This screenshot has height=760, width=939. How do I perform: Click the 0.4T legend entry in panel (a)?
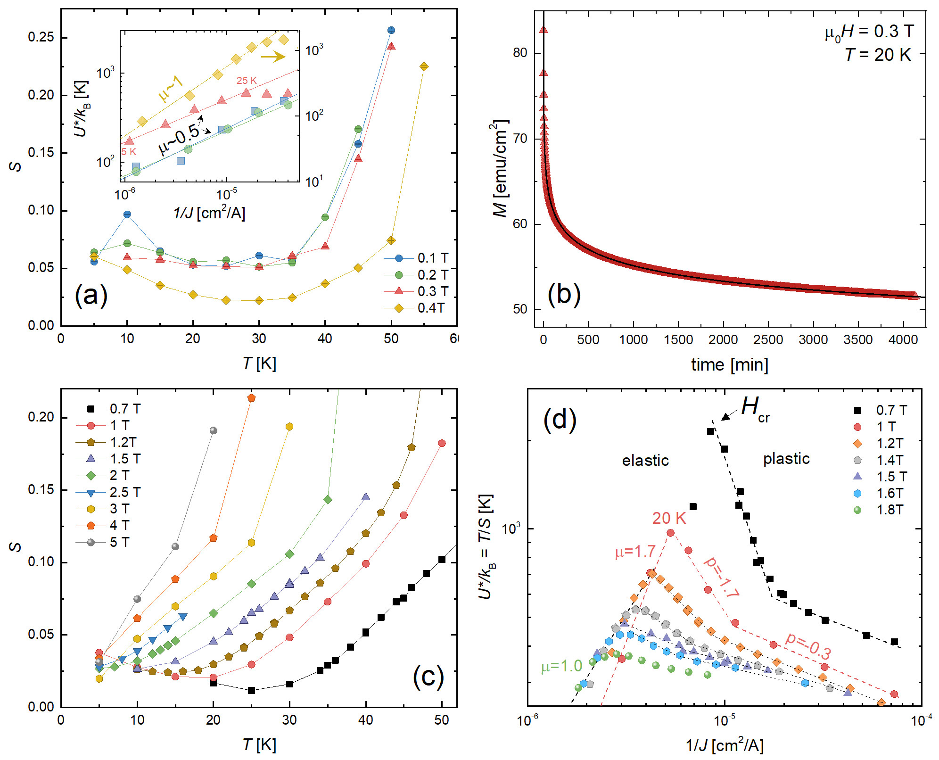[x=431, y=308]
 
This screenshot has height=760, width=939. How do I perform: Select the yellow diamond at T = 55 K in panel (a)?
[x=424, y=66]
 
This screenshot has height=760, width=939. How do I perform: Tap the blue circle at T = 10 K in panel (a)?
[x=127, y=215]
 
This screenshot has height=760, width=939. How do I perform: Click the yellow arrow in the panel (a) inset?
[x=273, y=57]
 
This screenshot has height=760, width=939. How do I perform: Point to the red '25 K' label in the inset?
[x=247, y=81]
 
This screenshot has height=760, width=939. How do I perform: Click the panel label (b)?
[x=564, y=294]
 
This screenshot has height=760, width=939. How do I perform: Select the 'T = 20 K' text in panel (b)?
[x=878, y=55]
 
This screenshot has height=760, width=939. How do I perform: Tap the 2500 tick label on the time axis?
[x=768, y=340]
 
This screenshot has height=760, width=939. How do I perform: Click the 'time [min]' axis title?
[x=729, y=364]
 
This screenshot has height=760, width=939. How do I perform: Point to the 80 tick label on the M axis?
[x=520, y=53]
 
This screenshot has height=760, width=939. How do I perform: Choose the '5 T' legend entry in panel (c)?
[x=119, y=542]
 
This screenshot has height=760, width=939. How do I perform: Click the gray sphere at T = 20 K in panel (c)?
[x=213, y=430]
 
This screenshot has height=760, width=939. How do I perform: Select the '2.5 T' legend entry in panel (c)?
[x=125, y=492]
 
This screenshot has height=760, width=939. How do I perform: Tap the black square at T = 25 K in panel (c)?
[x=251, y=690]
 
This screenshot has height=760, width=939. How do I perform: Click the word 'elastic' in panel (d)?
[x=645, y=460]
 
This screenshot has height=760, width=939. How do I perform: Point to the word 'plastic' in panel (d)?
[x=786, y=459]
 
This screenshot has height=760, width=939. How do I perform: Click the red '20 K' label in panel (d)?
[x=669, y=518]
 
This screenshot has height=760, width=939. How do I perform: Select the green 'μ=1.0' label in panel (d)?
[x=561, y=666]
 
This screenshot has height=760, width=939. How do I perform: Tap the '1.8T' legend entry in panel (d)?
[x=890, y=510]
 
